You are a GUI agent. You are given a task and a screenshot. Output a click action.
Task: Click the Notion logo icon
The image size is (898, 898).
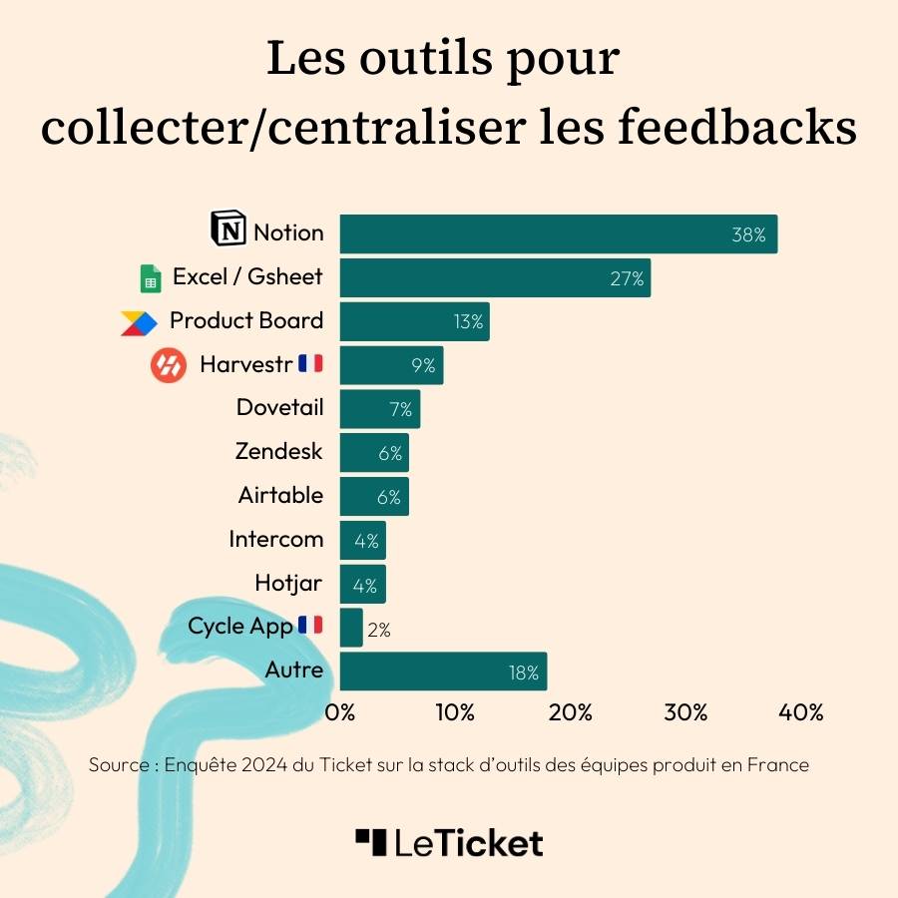[228, 229]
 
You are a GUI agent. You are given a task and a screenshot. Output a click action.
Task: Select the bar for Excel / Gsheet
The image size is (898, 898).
[495, 277]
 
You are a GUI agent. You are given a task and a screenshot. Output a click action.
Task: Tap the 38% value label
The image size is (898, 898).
[748, 235]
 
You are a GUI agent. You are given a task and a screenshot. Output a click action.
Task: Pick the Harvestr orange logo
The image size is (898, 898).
[169, 366]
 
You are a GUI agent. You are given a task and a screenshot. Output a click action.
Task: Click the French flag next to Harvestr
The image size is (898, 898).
[310, 363]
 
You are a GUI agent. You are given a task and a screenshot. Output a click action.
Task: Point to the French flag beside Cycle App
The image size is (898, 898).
[310, 626]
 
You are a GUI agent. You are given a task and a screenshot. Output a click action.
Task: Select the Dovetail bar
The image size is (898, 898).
[379, 409]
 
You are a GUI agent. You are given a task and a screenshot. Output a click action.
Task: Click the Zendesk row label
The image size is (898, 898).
[279, 451]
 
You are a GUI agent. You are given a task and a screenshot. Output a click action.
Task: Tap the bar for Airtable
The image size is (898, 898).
[374, 496]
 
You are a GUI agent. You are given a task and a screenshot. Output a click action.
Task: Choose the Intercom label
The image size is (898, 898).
[276, 539]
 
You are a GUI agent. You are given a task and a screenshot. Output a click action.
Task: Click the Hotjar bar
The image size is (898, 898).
[362, 584]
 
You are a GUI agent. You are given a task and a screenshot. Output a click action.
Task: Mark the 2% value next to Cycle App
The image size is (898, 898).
[378, 630]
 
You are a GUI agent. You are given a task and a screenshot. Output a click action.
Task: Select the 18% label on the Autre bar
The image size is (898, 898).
[524, 673]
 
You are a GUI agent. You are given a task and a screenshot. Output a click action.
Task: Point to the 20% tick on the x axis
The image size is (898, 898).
[571, 712]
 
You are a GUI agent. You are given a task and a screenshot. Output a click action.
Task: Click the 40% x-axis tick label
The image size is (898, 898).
[800, 712]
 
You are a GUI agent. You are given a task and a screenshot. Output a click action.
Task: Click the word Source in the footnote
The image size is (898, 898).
[119, 765]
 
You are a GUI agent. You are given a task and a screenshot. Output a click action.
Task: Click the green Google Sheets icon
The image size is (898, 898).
[151, 278]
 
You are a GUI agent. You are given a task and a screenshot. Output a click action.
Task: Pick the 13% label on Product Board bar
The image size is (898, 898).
[467, 322]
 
